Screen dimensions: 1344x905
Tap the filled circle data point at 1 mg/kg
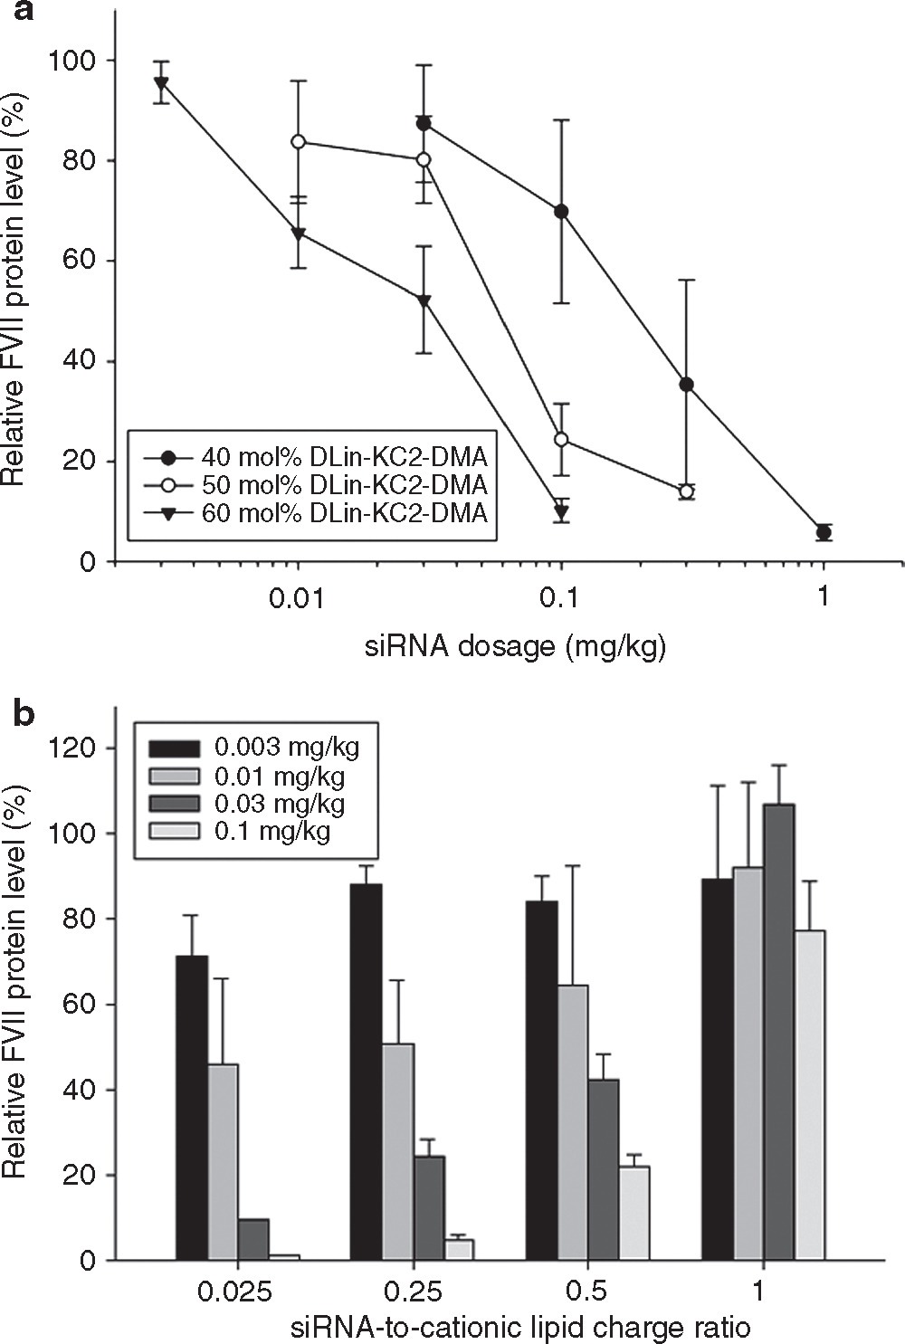[824, 533]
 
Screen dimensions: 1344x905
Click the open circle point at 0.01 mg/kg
[298, 142]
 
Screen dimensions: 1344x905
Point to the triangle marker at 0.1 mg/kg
[561, 512]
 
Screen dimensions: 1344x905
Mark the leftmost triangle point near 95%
[161, 85]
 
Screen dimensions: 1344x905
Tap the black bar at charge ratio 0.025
[192, 1107]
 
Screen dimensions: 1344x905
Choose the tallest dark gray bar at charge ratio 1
[778, 1031]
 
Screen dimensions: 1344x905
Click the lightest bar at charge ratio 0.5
[634, 1213]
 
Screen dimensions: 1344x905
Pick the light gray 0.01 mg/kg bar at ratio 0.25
[398, 1150]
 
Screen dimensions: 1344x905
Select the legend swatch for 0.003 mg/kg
[175, 748]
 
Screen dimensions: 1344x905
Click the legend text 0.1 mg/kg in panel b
[272, 831]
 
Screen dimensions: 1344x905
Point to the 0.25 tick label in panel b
[413, 1291]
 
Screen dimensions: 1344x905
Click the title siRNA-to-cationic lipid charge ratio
[520, 1328]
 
